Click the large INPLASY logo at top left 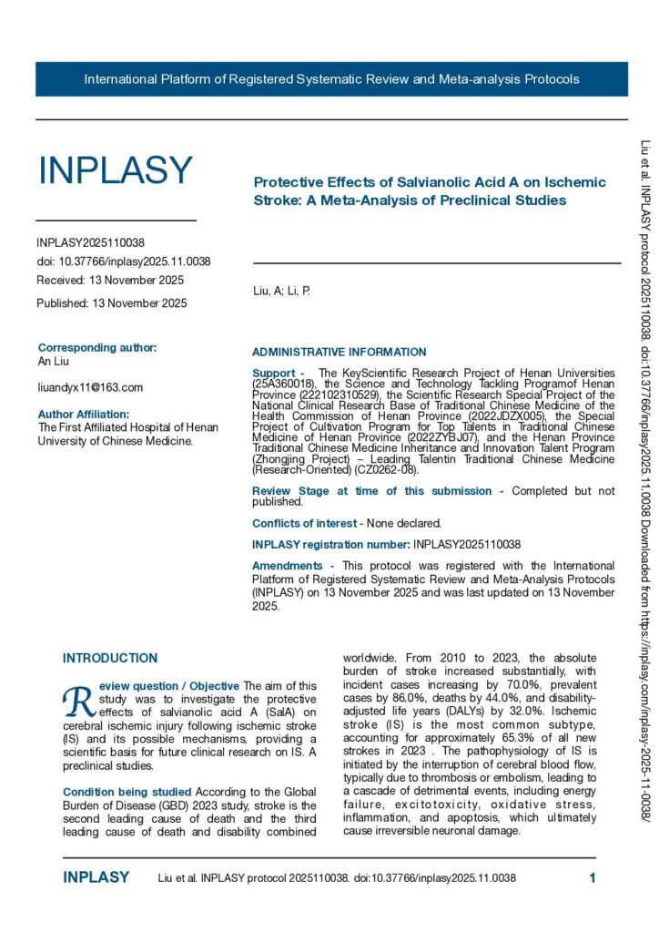pos(115,171)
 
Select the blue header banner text pos(331,79)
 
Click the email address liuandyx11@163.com pos(90,387)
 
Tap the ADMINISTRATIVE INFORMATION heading pos(339,352)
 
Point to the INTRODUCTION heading pos(109,658)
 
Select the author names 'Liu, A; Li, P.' pos(287,292)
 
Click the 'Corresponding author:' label pos(97,347)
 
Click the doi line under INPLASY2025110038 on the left pos(123,261)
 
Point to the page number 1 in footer pos(593,878)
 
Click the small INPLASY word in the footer pos(96,878)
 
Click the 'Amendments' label pos(287,566)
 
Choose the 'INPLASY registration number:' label pos(331,544)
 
